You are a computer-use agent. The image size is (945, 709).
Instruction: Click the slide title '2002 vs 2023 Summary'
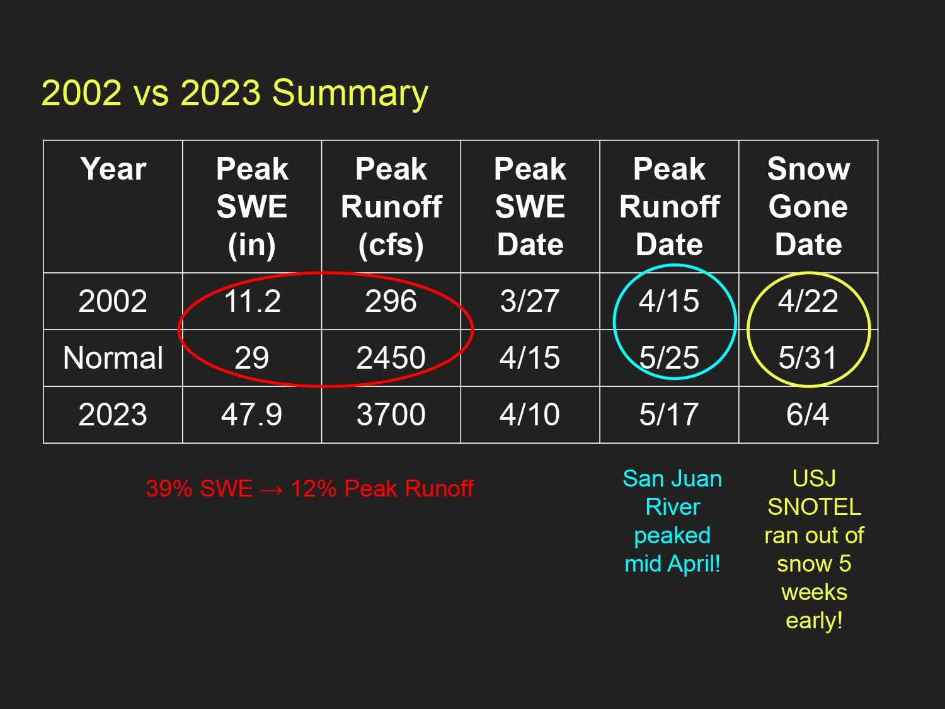click(234, 93)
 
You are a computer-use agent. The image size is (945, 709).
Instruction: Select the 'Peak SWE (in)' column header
click(252, 207)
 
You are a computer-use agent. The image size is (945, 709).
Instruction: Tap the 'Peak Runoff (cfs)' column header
click(391, 207)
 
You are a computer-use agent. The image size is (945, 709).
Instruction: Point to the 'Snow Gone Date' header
click(808, 207)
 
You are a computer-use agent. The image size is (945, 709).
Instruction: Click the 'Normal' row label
click(113, 358)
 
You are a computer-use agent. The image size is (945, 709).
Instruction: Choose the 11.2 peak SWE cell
click(252, 301)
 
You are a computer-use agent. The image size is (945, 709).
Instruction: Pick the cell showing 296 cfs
click(391, 301)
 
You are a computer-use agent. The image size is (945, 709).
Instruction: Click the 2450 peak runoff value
click(391, 358)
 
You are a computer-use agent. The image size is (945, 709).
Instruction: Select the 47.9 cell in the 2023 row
click(252, 415)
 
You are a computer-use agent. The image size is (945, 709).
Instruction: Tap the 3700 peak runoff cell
click(391, 415)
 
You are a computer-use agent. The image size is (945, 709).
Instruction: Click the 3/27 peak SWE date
click(530, 301)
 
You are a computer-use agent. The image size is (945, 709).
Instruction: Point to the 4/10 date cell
click(530, 415)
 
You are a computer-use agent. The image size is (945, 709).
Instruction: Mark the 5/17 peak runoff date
click(669, 415)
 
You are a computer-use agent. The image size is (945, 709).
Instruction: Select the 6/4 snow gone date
click(808, 415)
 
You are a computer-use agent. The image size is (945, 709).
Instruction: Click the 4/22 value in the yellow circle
click(808, 301)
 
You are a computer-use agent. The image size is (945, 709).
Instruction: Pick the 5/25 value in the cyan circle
click(669, 358)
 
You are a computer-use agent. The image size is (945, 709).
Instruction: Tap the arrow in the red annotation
click(272, 490)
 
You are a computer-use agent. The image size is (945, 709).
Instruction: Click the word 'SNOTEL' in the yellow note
click(814, 507)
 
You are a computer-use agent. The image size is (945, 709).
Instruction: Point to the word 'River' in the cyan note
click(672, 507)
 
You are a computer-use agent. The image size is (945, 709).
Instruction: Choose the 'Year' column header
click(113, 169)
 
